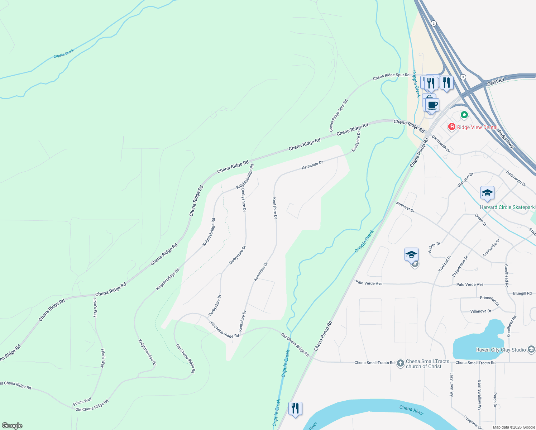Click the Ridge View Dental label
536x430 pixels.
click(x=477, y=127)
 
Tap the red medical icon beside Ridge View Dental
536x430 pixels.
click(x=451, y=126)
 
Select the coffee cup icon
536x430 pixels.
click(x=432, y=105)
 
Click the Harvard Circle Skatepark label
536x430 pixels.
click(x=507, y=207)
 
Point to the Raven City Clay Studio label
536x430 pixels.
click(x=501, y=350)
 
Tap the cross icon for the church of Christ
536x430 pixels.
click(x=400, y=363)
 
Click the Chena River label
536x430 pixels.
click(x=411, y=410)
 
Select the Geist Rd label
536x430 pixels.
click(x=496, y=82)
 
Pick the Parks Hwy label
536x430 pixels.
click(x=506, y=139)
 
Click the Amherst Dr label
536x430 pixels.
click(x=405, y=207)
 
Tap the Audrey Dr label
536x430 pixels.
click(x=434, y=247)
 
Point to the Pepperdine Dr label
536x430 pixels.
click(x=460, y=266)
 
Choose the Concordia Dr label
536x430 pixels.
click(x=491, y=248)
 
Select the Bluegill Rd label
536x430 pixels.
click(x=522, y=293)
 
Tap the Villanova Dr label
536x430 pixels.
click(x=480, y=311)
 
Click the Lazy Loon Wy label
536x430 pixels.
click(x=451, y=384)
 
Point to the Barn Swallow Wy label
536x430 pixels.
click(x=479, y=395)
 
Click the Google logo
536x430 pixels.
click(x=12, y=426)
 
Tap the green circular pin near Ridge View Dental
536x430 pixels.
click(x=464, y=115)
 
